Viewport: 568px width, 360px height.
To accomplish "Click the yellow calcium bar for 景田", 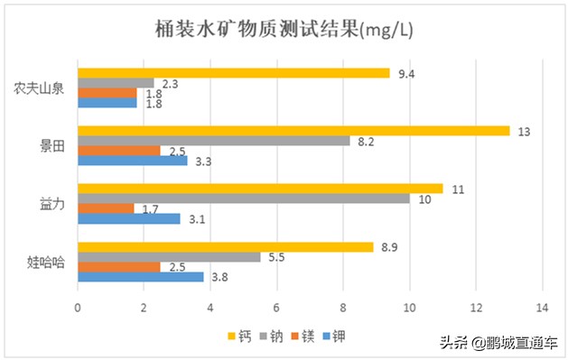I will tap(293, 131).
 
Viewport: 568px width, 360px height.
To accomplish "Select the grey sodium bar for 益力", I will tap(244, 198).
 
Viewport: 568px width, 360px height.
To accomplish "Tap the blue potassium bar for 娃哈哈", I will tap(141, 277).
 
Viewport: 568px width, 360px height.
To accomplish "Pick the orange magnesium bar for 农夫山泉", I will tap(107, 92).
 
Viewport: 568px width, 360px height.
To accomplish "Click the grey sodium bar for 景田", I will tap(214, 141).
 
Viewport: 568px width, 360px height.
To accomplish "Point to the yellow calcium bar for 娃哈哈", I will tap(226, 247).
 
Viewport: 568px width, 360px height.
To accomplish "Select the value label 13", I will tap(524, 131).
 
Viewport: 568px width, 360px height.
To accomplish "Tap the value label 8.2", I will tap(365, 142).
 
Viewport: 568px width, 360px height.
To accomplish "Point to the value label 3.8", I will tap(219, 278).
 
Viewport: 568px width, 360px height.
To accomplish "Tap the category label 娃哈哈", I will tap(44, 263).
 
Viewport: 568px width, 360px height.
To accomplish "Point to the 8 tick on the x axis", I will tap(343, 308).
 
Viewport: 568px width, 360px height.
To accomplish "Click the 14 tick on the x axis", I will tap(542, 308).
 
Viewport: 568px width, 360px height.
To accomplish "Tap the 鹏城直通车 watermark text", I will tap(511, 344).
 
